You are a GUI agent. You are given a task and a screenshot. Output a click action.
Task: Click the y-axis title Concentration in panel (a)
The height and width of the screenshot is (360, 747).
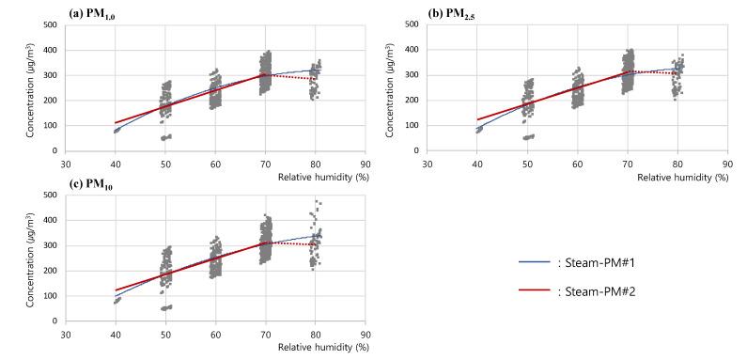pyautogui.click(x=31, y=89)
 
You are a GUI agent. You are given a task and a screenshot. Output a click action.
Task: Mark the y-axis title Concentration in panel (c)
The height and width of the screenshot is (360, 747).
pyautogui.click(x=31, y=258)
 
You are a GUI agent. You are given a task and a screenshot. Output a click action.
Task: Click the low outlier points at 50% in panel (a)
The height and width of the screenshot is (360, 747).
pyautogui.click(x=165, y=137)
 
